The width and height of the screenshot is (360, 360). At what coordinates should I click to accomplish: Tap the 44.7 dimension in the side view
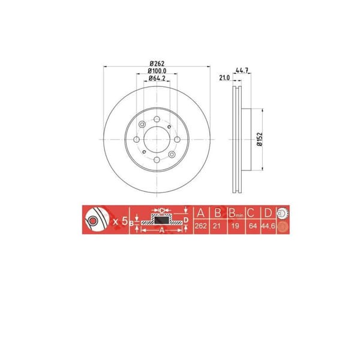coord(242,71)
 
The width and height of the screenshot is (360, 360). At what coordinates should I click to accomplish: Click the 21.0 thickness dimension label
coord(224,78)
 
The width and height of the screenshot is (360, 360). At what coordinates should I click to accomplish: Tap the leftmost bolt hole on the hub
coord(137,140)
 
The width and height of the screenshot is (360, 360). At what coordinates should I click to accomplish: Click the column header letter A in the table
coord(200,212)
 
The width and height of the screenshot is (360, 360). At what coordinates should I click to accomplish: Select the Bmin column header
coord(234,212)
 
